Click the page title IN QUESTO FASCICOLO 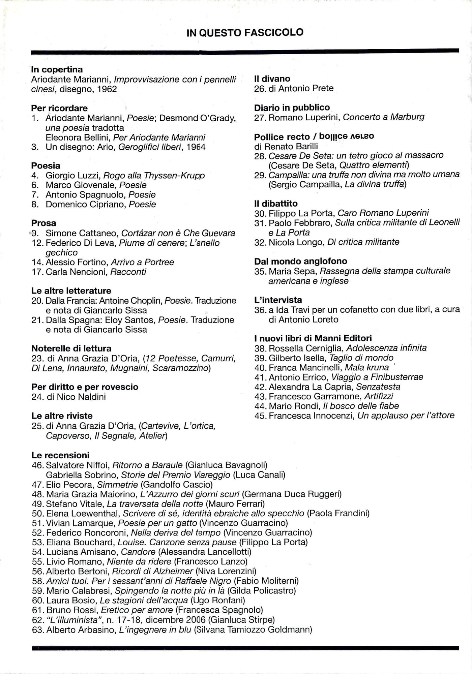(245, 32)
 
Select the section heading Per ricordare (59, 108)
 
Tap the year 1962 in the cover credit (107, 89)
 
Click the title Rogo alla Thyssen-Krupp (154, 175)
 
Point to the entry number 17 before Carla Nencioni (36, 272)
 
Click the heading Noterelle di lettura (71, 348)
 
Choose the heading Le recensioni (60, 455)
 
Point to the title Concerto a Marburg (383, 117)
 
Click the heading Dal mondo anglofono (300, 261)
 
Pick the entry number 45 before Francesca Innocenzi (260, 416)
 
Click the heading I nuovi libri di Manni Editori (313, 338)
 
